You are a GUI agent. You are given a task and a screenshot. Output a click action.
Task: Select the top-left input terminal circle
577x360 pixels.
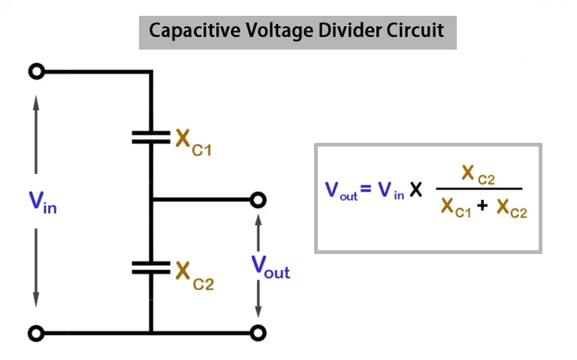(x=36, y=72)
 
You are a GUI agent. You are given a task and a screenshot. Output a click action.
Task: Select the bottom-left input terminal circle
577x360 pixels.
(x=36, y=332)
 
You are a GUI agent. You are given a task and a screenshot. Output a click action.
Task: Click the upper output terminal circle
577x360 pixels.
(x=258, y=200)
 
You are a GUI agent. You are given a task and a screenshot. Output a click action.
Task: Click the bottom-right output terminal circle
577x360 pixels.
(x=258, y=332)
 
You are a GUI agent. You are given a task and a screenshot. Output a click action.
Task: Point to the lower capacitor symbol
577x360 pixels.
(x=151, y=266)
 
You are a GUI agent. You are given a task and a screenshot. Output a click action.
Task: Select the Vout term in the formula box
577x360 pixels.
(x=341, y=190)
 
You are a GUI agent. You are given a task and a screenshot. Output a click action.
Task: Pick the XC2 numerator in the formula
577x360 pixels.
(x=478, y=176)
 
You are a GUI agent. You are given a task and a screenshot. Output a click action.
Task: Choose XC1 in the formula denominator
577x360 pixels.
(x=455, y=207)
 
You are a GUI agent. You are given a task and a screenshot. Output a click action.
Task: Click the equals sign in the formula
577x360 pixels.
(x=366, y=189)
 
